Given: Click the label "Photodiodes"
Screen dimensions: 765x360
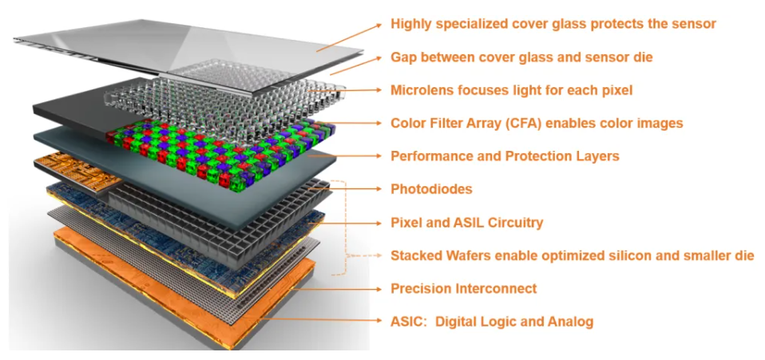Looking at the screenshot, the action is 431,188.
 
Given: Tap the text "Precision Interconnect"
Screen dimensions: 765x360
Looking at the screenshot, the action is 463,288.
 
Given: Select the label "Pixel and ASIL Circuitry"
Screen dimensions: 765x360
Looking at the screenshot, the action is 467,223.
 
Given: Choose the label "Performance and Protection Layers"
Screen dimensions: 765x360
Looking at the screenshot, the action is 505,156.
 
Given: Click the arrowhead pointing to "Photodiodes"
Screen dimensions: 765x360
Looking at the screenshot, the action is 379,188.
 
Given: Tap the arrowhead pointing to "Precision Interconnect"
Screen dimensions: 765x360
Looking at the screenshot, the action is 379,288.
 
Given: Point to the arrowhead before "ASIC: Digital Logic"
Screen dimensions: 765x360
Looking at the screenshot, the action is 379,321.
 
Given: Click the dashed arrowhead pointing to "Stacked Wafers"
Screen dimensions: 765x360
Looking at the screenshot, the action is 379,255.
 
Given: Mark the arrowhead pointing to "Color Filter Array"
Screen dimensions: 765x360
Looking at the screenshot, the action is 379,123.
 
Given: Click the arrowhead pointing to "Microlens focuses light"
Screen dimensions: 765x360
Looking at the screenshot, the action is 379,89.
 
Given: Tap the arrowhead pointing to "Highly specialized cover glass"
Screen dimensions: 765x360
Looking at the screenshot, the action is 379,25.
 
